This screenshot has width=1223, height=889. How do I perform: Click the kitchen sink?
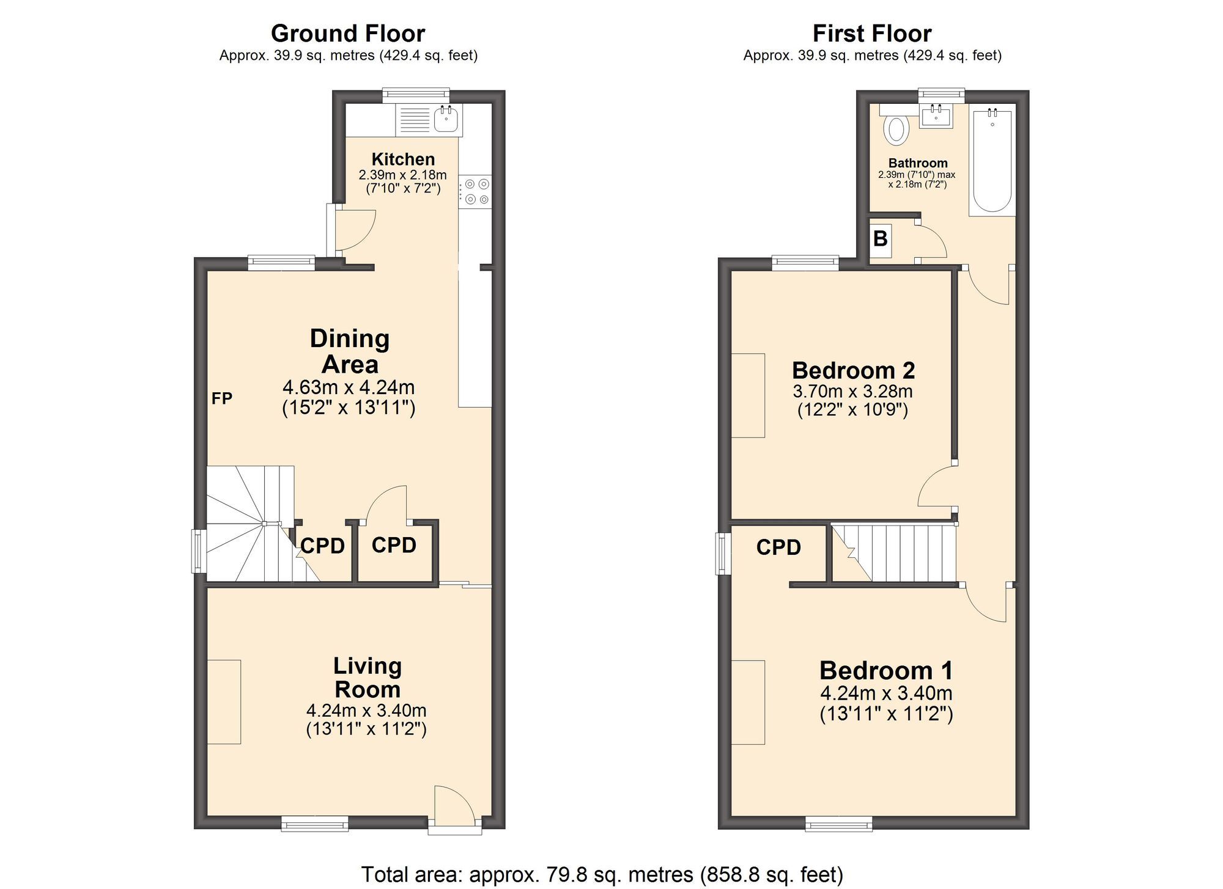[x=446, y=119]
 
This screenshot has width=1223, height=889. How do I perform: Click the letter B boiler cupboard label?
[x=881, y=238]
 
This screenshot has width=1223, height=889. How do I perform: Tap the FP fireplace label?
[x=221, y=398]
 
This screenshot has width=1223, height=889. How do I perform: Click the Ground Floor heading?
[x=347, y=33]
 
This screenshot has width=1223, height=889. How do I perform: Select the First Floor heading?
[x=871, y=33]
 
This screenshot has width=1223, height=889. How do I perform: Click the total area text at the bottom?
[x=602, y=874]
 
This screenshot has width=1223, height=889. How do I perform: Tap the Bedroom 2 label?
[x=853, y=370]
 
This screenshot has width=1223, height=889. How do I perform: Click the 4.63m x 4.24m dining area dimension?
[x=349, y=387]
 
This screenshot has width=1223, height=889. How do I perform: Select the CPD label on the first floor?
[x=778, y=547]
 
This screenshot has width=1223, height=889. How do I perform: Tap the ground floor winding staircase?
[x=251, y=525]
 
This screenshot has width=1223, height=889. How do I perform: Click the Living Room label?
[x=368, y=677]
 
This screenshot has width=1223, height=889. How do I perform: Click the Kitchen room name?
[x=403, y=159]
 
